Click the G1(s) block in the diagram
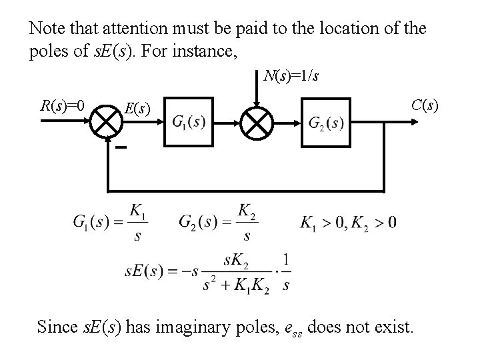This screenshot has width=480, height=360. [189, 121]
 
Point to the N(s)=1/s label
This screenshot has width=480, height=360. [290, 76]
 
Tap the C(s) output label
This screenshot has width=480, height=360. [425, 105]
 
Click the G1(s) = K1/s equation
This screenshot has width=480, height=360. [112, 222]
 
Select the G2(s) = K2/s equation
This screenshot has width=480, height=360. [217, 222]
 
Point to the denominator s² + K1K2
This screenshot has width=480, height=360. [236, 286]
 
